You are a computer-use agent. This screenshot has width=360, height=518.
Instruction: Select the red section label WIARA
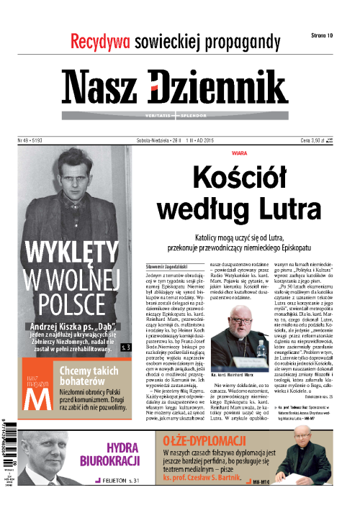point(220,153)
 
